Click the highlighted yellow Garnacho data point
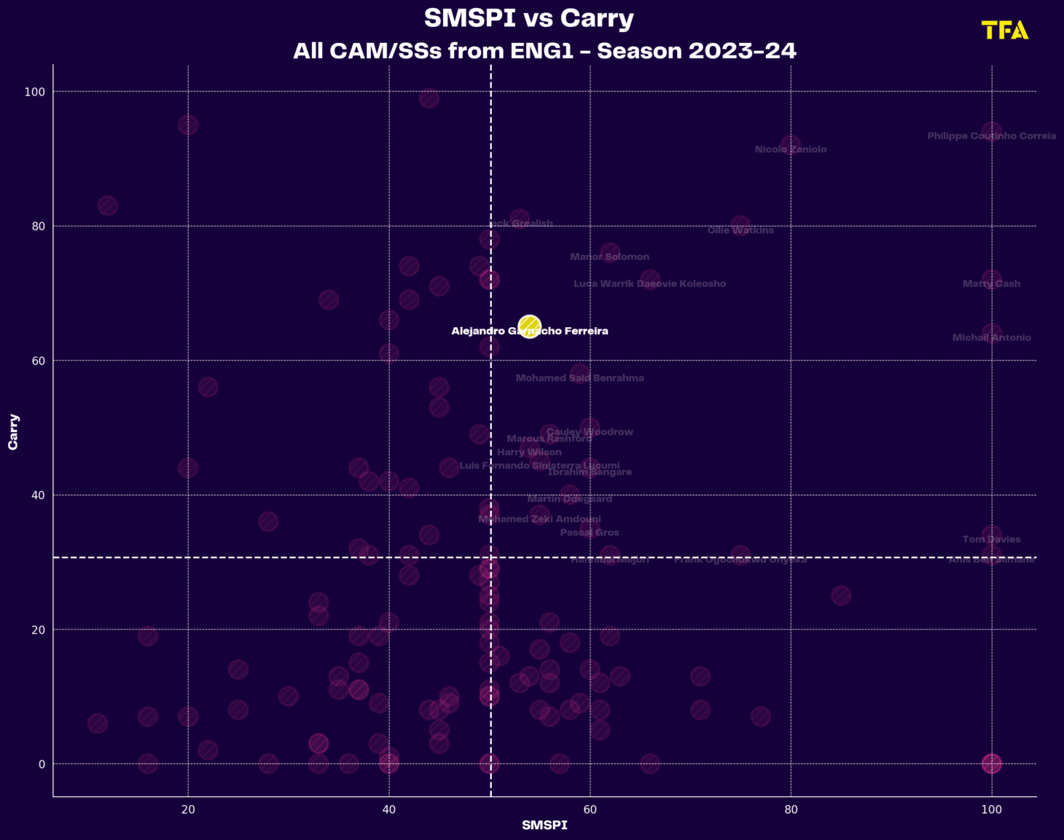(529, 326)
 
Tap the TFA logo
(1005, 30)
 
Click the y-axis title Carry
(13, 431)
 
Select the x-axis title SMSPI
(544, 825)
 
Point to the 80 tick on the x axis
(791, 809)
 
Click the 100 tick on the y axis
(35, 92)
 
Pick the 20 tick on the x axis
(188, 809)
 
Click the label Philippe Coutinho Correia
(991, 136)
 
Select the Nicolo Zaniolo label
(791, 149)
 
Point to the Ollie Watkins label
(740, 230)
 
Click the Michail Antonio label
(991, 338)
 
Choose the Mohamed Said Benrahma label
(579, 378)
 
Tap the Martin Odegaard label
(570, 499)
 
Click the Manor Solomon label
(609, 257)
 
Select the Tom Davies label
(991, 540)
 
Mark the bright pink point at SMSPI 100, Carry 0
(991, 764)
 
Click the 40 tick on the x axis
(389, 809)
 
